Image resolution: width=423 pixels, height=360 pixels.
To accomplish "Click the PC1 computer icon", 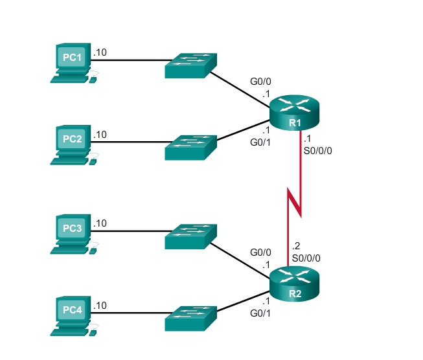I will pyautogui.click(x=72, y=62).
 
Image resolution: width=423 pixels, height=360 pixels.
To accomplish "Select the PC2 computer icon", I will pyautogui.click(x=72, y=144).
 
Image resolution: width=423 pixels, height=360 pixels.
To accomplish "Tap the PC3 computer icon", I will pyautogui.click(x=72, y=232).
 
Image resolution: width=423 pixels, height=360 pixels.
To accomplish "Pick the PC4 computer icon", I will pyautogui.click(x=72, y=315).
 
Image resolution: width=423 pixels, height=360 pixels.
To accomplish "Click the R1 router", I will pyautogui.click(x=295, y=111).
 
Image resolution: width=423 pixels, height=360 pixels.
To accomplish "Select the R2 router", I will pyautogui.click(x=295, y=283).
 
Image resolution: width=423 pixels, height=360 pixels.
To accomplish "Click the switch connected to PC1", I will pyautogui.click(x=190, y=64).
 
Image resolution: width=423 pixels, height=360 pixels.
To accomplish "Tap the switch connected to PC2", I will pyautogui.click(x=190, y=146).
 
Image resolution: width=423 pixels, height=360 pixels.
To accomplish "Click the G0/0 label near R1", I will pyautogui.click(x=262, y=83).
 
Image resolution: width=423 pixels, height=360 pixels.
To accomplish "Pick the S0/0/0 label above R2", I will pyautogui.click(x=306, y=257).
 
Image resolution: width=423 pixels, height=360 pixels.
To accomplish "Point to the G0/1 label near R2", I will pyautogui.click(x=262, y=314).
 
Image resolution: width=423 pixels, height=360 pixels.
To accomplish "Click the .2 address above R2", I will pyautogui.click(x=297, y=246).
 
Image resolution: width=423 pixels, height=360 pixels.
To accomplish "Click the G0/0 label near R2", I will pyautogui.click(x=262, y=253).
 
